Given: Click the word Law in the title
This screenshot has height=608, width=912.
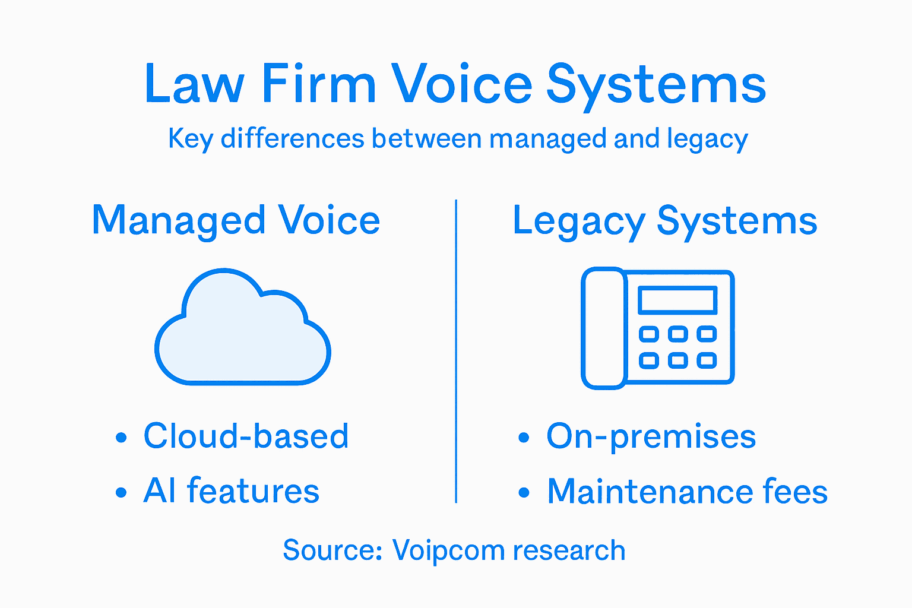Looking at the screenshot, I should pos(194,84).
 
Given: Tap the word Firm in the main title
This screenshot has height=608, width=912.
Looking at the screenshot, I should pos(319,84).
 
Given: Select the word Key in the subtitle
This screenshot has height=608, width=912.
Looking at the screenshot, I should pos(190,140).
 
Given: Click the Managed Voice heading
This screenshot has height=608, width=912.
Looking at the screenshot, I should pos(236,221).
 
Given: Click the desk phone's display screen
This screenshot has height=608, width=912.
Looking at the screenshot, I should pos(677,300).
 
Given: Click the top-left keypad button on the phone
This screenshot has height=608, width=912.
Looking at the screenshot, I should pos(648,334).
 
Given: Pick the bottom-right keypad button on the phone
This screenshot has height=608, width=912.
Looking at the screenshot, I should pos(706,360).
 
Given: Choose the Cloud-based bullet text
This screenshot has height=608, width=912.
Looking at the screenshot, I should pos(246,436).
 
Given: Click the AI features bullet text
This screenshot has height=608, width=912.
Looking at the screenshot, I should pos(231,492).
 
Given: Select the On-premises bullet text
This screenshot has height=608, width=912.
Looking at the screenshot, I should pos(651,437).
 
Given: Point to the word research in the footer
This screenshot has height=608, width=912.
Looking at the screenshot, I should pos(569,551).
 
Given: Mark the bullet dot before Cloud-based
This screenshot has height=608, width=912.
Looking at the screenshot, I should pos(121,438).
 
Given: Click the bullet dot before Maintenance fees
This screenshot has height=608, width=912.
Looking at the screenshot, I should pos(524,493).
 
